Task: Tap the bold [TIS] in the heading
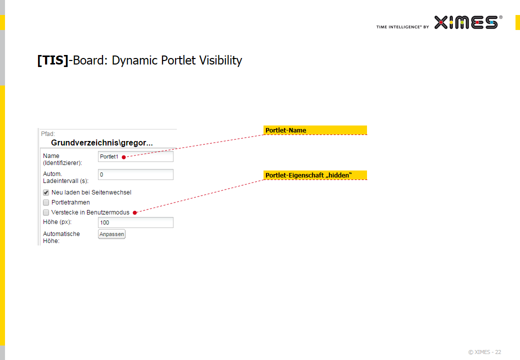[52, 60]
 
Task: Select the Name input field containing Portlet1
[135, 156]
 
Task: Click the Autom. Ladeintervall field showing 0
[135, 174]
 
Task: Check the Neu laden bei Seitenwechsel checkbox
[46, 192]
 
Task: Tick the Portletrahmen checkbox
[46, 202]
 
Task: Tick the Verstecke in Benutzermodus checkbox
[46, 212]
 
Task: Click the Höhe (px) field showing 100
[135, 222]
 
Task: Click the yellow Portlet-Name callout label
[315, 130]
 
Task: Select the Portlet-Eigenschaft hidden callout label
[315, 175]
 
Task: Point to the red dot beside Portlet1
[123, 157]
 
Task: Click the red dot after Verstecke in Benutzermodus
[135, 213]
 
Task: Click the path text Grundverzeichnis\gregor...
[102, 142]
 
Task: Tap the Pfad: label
[48, 134]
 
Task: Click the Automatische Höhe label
[61, 237]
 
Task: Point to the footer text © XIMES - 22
[484, 352]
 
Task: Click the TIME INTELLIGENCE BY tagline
[402, 27]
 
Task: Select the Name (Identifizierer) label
[62, 159]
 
